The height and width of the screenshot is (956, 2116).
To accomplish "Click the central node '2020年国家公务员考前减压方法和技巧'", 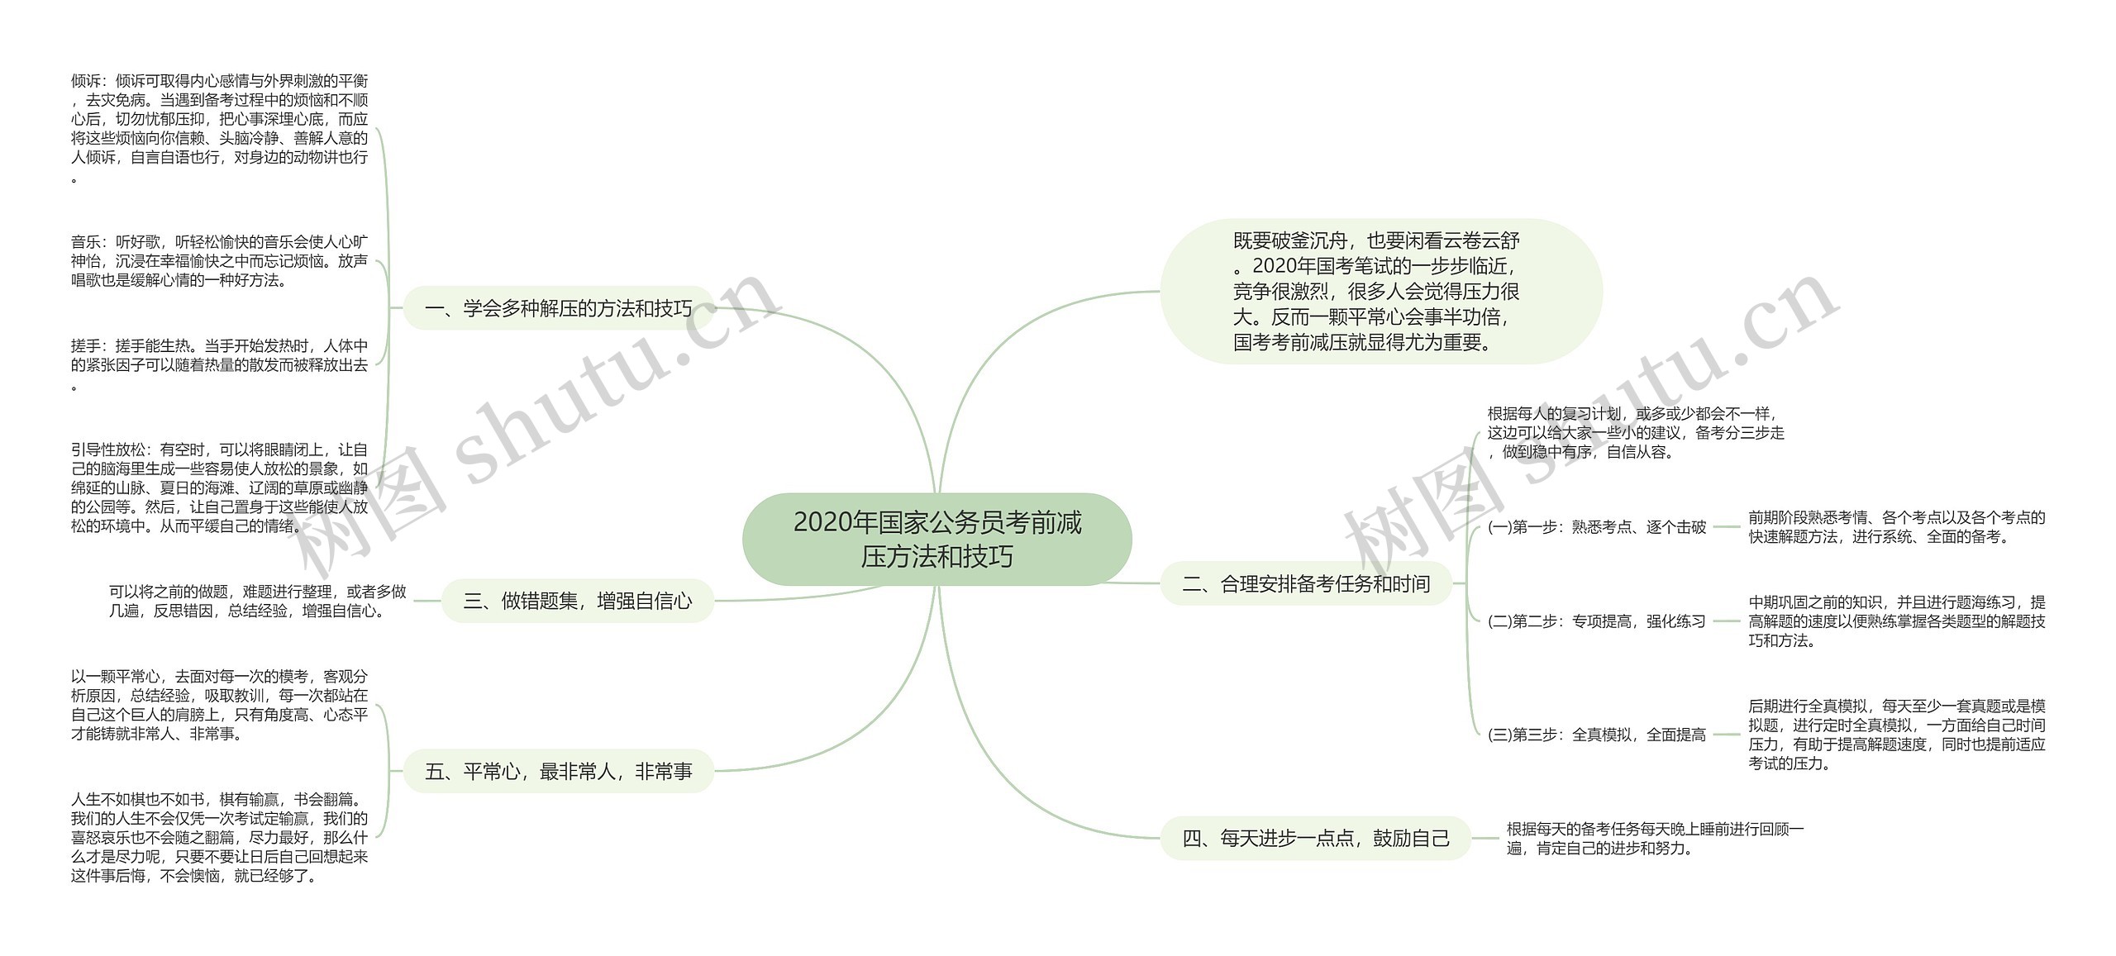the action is coord(936,539).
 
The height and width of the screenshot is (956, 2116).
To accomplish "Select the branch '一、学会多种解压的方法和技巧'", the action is coord(558,309).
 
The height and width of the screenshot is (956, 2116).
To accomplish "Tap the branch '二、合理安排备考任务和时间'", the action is coord(1306,584).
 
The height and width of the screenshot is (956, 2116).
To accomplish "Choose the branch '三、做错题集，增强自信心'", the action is coord(577,601).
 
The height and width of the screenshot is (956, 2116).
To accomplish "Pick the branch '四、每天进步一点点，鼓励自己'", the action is coord(1316,838).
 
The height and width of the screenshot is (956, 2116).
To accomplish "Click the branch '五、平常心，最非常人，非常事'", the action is coord(558,772).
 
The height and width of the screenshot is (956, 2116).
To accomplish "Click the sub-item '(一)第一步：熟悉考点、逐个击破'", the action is coord(1596,527).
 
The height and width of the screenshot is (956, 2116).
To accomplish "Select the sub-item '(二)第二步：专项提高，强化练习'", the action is coord(1596,621).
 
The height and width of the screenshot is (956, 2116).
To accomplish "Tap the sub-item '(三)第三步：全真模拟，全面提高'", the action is coord(1596,735).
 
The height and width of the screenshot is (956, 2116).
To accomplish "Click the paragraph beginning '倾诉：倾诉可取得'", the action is coord(219,128).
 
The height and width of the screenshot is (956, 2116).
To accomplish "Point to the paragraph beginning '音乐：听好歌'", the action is coord(219,261).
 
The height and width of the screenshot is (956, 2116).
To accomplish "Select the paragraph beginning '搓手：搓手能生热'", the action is coord(219,365).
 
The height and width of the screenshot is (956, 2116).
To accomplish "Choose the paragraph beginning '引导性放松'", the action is coord(219,488).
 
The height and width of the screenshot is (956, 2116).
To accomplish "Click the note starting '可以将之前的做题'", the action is coord(257,602).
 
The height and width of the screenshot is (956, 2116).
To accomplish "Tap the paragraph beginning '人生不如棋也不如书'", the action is coord(219,838).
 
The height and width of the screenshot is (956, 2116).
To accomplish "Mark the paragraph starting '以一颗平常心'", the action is coord(219,705).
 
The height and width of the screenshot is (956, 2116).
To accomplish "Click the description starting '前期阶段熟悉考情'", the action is coord(1896,527).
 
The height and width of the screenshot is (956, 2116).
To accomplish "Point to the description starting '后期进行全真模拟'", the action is coord(1896,735).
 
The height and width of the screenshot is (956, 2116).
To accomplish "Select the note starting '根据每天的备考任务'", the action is coord(1654,838).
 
